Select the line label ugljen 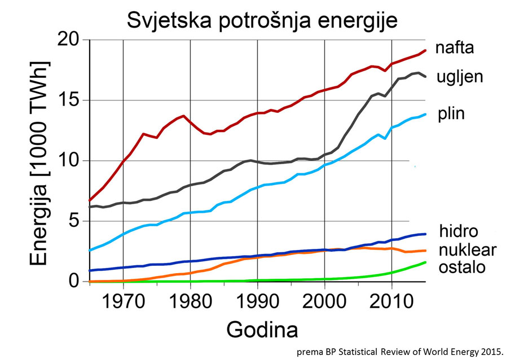(460, 77)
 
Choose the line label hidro (459, 231)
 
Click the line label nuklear (468, 249)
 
